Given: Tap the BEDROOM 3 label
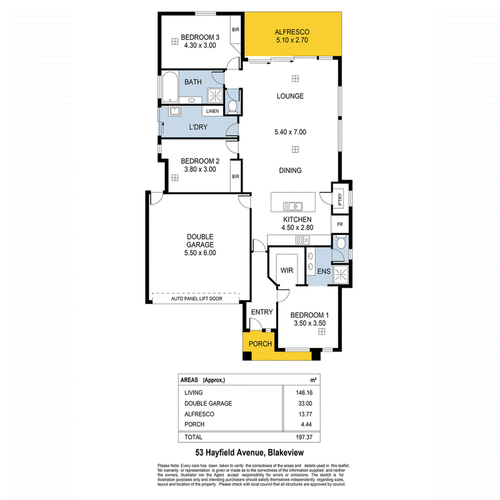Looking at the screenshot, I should click(198, 37).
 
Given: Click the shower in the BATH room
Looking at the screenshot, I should click(215, 95).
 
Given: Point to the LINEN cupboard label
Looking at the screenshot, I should click(212, 111).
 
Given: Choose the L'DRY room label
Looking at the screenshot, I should click(198, 127).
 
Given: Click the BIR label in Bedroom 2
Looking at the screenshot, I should click(236, 177).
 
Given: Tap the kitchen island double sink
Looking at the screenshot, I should click(292, 206).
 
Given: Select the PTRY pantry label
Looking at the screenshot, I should click(341, 197).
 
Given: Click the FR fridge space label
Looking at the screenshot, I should click(341, 224).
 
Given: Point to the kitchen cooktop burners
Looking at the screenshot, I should click(302, 240).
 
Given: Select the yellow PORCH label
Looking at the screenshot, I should click(260, 344).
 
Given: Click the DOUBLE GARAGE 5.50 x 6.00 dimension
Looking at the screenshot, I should click(201, 253).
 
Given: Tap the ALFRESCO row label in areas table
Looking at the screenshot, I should click(199, 414).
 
